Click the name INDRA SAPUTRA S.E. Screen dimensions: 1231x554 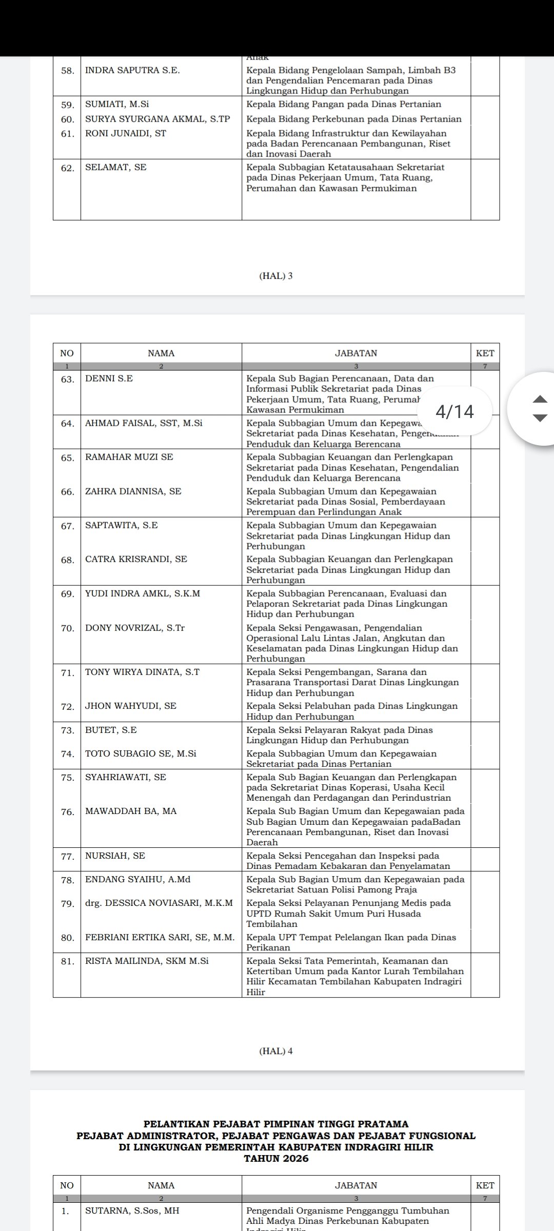coord(132,70)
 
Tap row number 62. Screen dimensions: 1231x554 coord(68,168)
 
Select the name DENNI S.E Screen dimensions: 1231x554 coord(109,379)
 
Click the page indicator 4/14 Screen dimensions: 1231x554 coord(454,411)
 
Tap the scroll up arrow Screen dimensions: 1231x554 coord(540,399)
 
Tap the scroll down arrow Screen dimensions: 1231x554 coord(540,418)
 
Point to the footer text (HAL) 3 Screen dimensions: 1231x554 coord(276,276)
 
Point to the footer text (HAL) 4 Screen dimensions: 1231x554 coord(276,1051)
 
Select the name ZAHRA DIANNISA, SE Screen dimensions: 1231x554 coord(133,491)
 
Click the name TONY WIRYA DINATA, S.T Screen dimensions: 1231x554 coord(142,672)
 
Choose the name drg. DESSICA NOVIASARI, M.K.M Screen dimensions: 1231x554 coord(159,903)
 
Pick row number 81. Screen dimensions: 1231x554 coord(68,961)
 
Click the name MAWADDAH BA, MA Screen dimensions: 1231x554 coord(131,811)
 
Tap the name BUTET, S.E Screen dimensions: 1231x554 coord(107,730)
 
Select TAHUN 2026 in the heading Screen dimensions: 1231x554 coord(276,1159)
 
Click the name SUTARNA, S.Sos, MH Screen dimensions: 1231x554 coord(132,1210)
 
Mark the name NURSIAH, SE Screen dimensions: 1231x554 coord(115,856)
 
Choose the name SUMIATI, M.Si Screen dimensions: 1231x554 coord(117,104)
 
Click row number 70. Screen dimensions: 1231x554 coord(68,628)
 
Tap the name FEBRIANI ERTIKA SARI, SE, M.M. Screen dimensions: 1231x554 coord(160,937)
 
